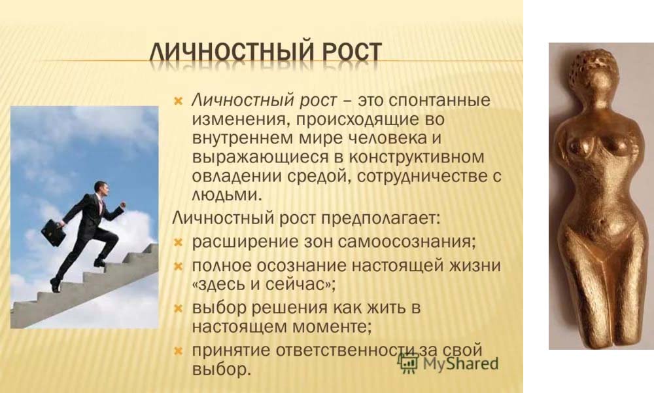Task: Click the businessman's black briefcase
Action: [x=54, y=232]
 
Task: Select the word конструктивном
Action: [x=417, y=157]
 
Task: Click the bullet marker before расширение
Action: [x=178, y=242]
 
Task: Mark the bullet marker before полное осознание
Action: [x=178, y=267]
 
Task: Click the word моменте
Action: [x=332, y=326]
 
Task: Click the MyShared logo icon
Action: [x=407, y=363]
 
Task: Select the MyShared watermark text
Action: [x=460, y=364]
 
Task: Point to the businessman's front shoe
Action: [x=99, y=263]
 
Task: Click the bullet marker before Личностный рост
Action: [x=178, y=101]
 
